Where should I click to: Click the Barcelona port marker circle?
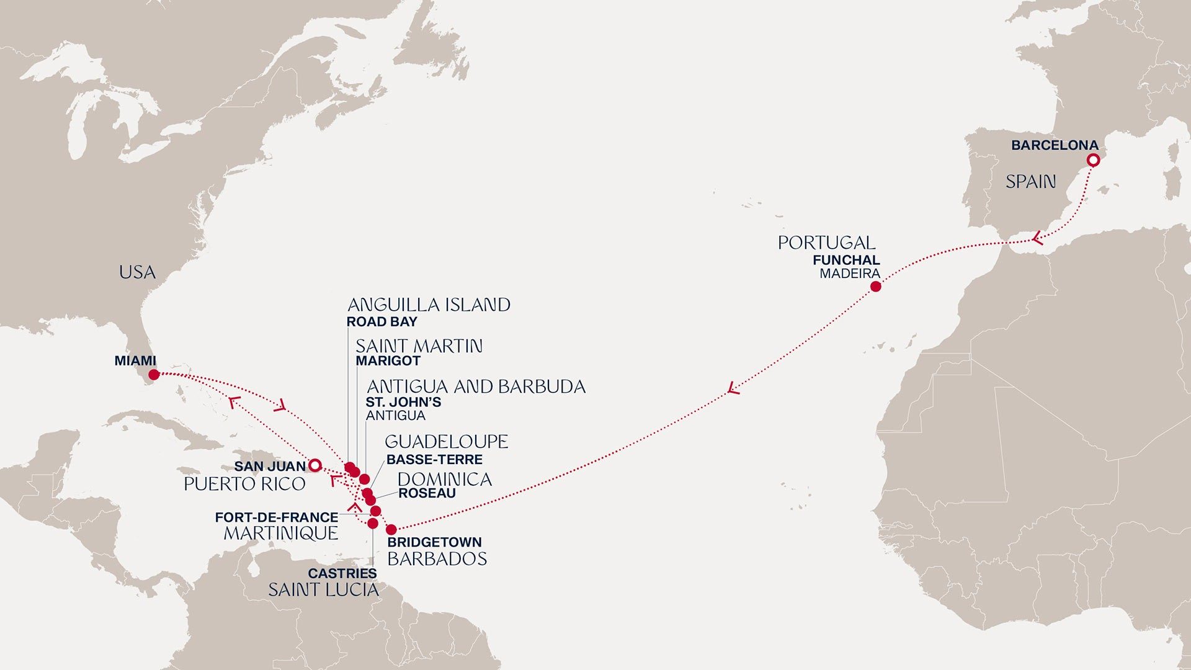pyautogui.click(x=1094, y=160)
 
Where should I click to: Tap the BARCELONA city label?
pyautogui.click(x=1055, y=145)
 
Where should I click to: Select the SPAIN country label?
pyautogui.click(x=1030, y=182)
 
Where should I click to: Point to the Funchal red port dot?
pyautogui.click(x=875, y=287)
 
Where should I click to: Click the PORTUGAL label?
pyautogui.click(x=826, y=243)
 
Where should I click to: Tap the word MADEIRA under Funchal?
pyautogui.click(x=849, y=274)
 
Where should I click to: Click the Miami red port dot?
pyautogui.click(x=154, y=375)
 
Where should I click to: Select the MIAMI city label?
pyautogui.click(x=135, y=360)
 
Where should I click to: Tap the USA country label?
pyautogui.click(x=137, y=272)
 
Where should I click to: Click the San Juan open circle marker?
pyautogui.click(x=314, y=465)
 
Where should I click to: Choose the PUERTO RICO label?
pyautogui.click(x=244, y=485)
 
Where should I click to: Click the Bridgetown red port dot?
pyautogui.click(x=391, y=530)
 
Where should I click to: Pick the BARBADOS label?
pyautogui.click(x=437, y=559)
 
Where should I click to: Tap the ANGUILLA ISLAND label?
pyautogui.click(x=429, y=305)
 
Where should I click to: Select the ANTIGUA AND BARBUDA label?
pyautogui.click(x=476, y=387)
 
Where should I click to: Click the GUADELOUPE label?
pyautogui.click(x=446, y=442)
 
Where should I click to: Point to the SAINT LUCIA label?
pyautogui.click(x=323, y=590)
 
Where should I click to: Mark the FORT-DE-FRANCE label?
pyautogui.click(x=276, y=517)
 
